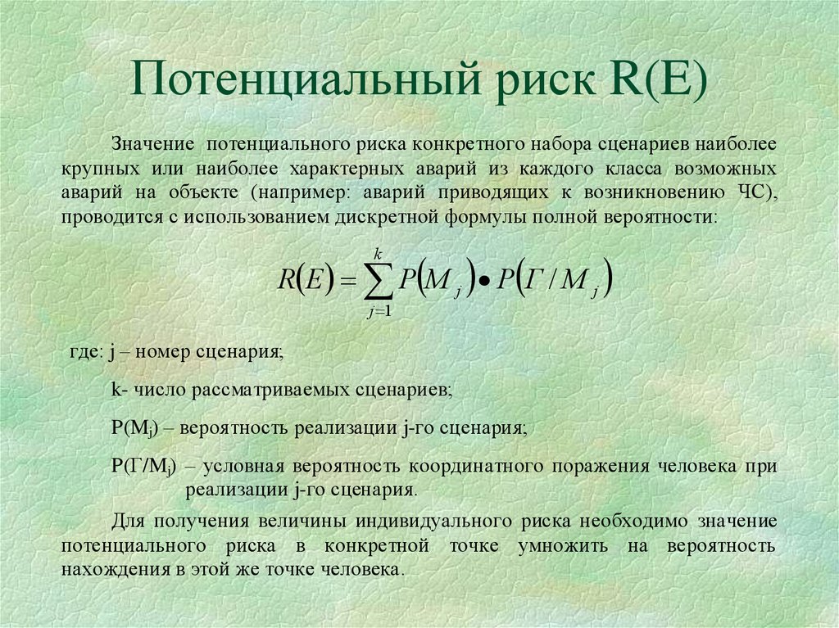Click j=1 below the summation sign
point(379,311)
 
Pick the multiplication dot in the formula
point(485,282)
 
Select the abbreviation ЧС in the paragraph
point(749,192)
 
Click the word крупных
point(101,169)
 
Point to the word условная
point(243,467)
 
